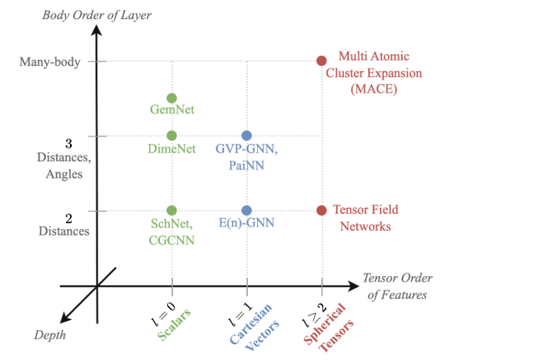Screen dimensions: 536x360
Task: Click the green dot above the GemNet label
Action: [172, 98]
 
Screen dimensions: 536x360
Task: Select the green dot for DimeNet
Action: [172, 135]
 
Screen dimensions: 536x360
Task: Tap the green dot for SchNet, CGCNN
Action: [172, 210]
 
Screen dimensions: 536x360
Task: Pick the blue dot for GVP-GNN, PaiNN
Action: [247, 135]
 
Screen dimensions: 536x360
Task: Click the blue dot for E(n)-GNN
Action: [247, 210]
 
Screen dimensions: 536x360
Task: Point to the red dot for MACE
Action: [321, 61]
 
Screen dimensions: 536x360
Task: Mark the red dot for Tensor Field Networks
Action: [321, 210]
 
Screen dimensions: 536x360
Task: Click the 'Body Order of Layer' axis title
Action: [97, 15]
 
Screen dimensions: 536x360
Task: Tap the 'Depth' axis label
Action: [50, 335]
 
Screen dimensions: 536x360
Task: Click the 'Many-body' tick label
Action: [50, 62]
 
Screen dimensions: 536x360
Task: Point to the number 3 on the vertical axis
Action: [69, 143]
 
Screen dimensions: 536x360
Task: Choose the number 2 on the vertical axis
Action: [69, 218]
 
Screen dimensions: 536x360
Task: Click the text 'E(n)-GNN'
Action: [246, 223]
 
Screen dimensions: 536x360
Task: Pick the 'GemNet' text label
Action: [172, 110]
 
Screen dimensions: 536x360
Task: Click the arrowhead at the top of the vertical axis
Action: [97, 30]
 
